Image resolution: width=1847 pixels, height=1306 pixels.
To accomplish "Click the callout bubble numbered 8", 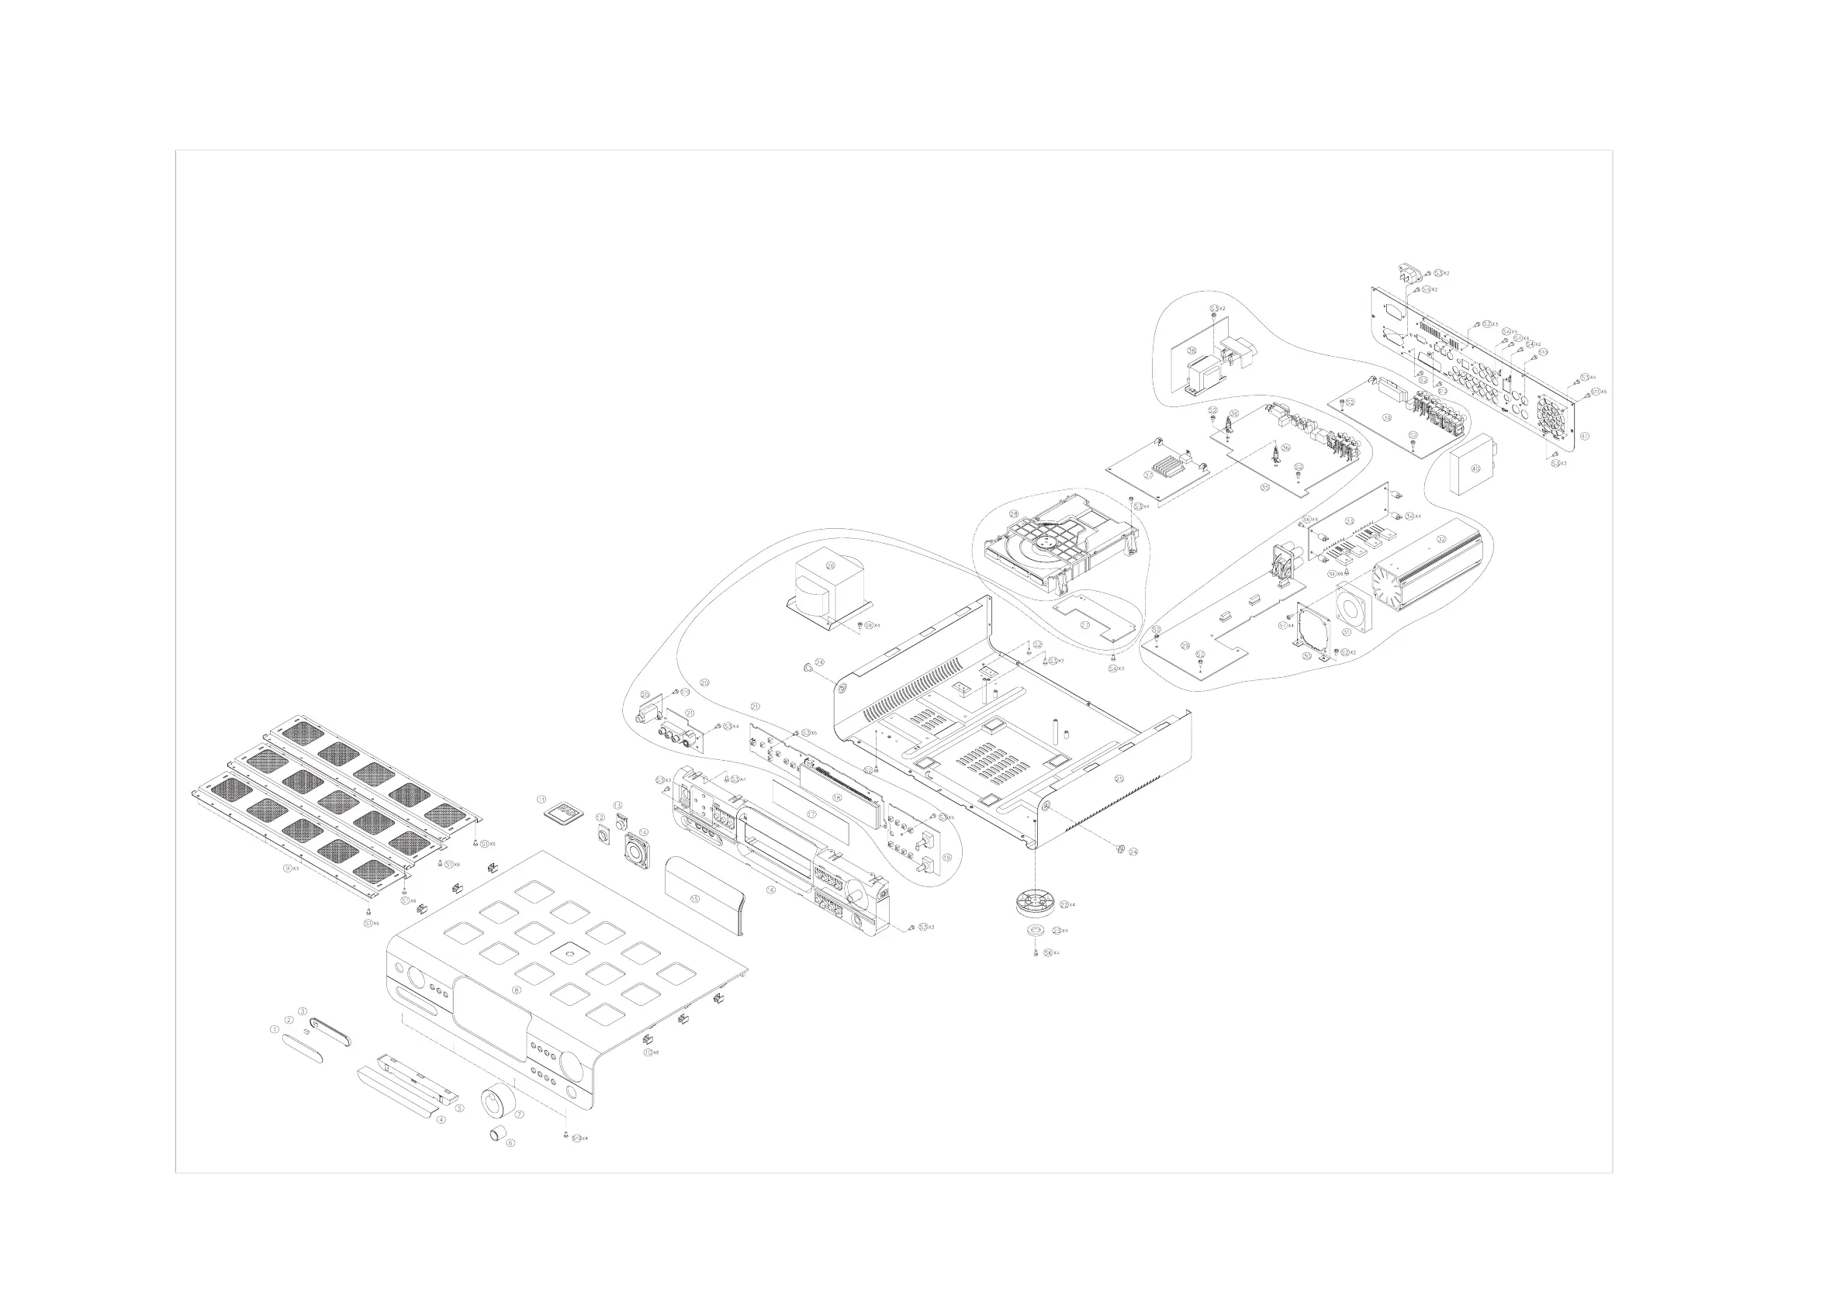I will [x=517, y=990].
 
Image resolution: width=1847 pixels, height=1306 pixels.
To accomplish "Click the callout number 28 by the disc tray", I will [x=1014, y=513].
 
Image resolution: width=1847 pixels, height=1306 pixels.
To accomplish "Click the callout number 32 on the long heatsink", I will [x=1441, y=539].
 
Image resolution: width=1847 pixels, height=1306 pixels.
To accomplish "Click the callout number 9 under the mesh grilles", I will [x=287, y=869].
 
